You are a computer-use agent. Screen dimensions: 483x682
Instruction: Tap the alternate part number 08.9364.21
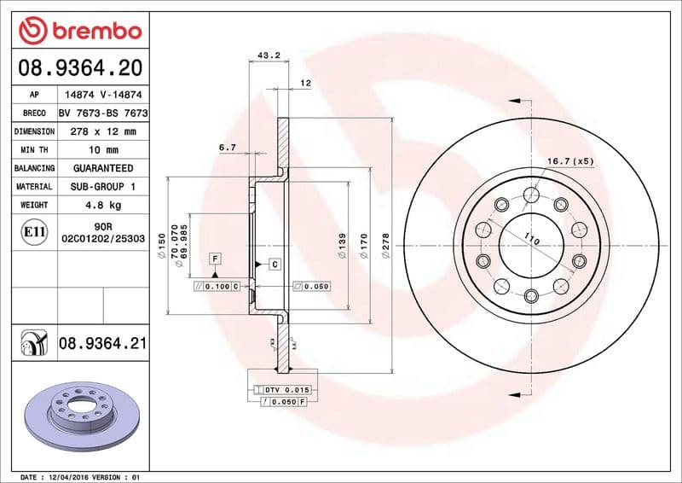coord(102,344)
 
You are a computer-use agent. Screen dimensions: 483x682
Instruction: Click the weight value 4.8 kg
coord(102,205)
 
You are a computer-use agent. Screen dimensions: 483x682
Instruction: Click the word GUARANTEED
coord(102,168)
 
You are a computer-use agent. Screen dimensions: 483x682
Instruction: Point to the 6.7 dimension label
coord(228,148)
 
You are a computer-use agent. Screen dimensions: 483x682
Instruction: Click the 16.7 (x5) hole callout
coord(569,161)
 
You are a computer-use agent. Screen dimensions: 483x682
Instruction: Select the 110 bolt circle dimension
coord(532,240)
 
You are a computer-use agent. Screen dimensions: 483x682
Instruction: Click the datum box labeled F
coord(216,257)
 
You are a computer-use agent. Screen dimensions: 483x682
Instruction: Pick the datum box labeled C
coord(275,265)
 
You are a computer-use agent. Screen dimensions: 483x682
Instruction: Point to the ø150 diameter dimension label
coord(162,252)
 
